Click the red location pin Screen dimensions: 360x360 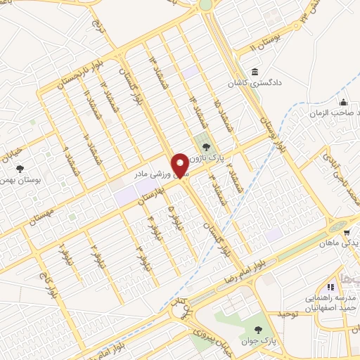[x=181, y=165]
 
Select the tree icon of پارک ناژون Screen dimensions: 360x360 [x=206, y=148]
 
